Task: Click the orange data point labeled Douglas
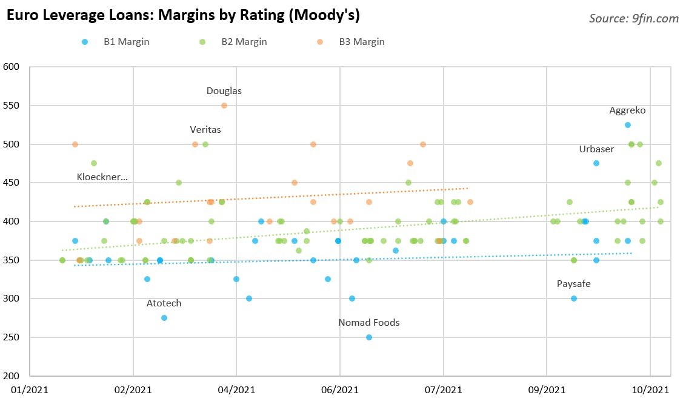[224, 106]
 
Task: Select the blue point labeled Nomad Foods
[369, 337]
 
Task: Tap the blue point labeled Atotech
[164, 318]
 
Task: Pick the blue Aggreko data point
[628, 125]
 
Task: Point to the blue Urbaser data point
[596, 163]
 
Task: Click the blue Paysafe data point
[574, 298]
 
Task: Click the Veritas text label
[205, 129]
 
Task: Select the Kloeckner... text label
[102, 177]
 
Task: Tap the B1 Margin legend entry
[115, 42]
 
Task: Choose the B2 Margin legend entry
[233, 42]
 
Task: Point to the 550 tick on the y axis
[12, 106]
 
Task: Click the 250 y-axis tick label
[12, 337]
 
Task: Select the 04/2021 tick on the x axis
[236, 390]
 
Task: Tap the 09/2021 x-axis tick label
[547, 390]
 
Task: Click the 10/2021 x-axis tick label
[650, 390]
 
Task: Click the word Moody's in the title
[324, 15]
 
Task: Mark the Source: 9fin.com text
[634, 18]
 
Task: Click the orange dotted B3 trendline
[271, 197]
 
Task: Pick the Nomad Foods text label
[369, 323]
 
